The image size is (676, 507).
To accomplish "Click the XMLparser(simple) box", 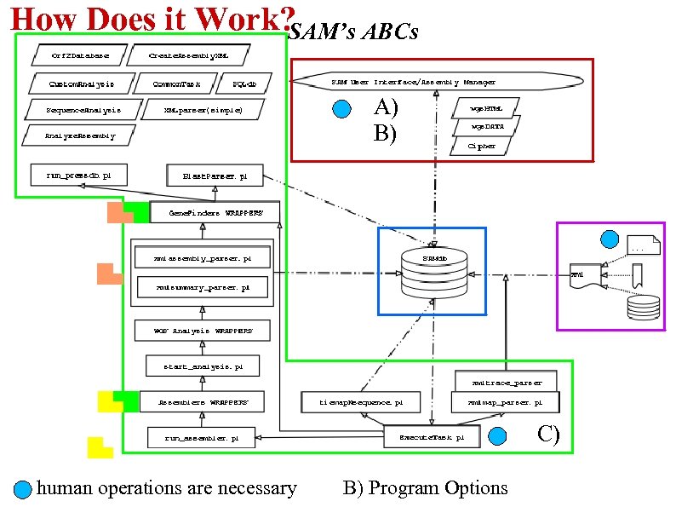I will click(x=203, y=110).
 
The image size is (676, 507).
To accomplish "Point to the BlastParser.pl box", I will click(x=215, y=176).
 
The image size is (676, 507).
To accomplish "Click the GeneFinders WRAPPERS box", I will click(x=215, y=212).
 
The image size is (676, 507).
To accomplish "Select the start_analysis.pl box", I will click(x=203, y=366).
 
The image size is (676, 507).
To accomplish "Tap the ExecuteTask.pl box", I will click(x=433, y=437).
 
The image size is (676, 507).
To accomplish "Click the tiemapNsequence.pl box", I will click(x=361, y=401).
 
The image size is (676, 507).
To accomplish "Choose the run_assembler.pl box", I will click(x=201, y=438).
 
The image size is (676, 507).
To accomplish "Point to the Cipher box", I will click(x=481, y=146).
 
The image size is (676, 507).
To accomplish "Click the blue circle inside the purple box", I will click(x=610, y=240).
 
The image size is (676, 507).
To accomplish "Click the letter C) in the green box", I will click(x=548, y=435).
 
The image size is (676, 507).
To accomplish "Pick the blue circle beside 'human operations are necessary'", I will click(x=24, y=490).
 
